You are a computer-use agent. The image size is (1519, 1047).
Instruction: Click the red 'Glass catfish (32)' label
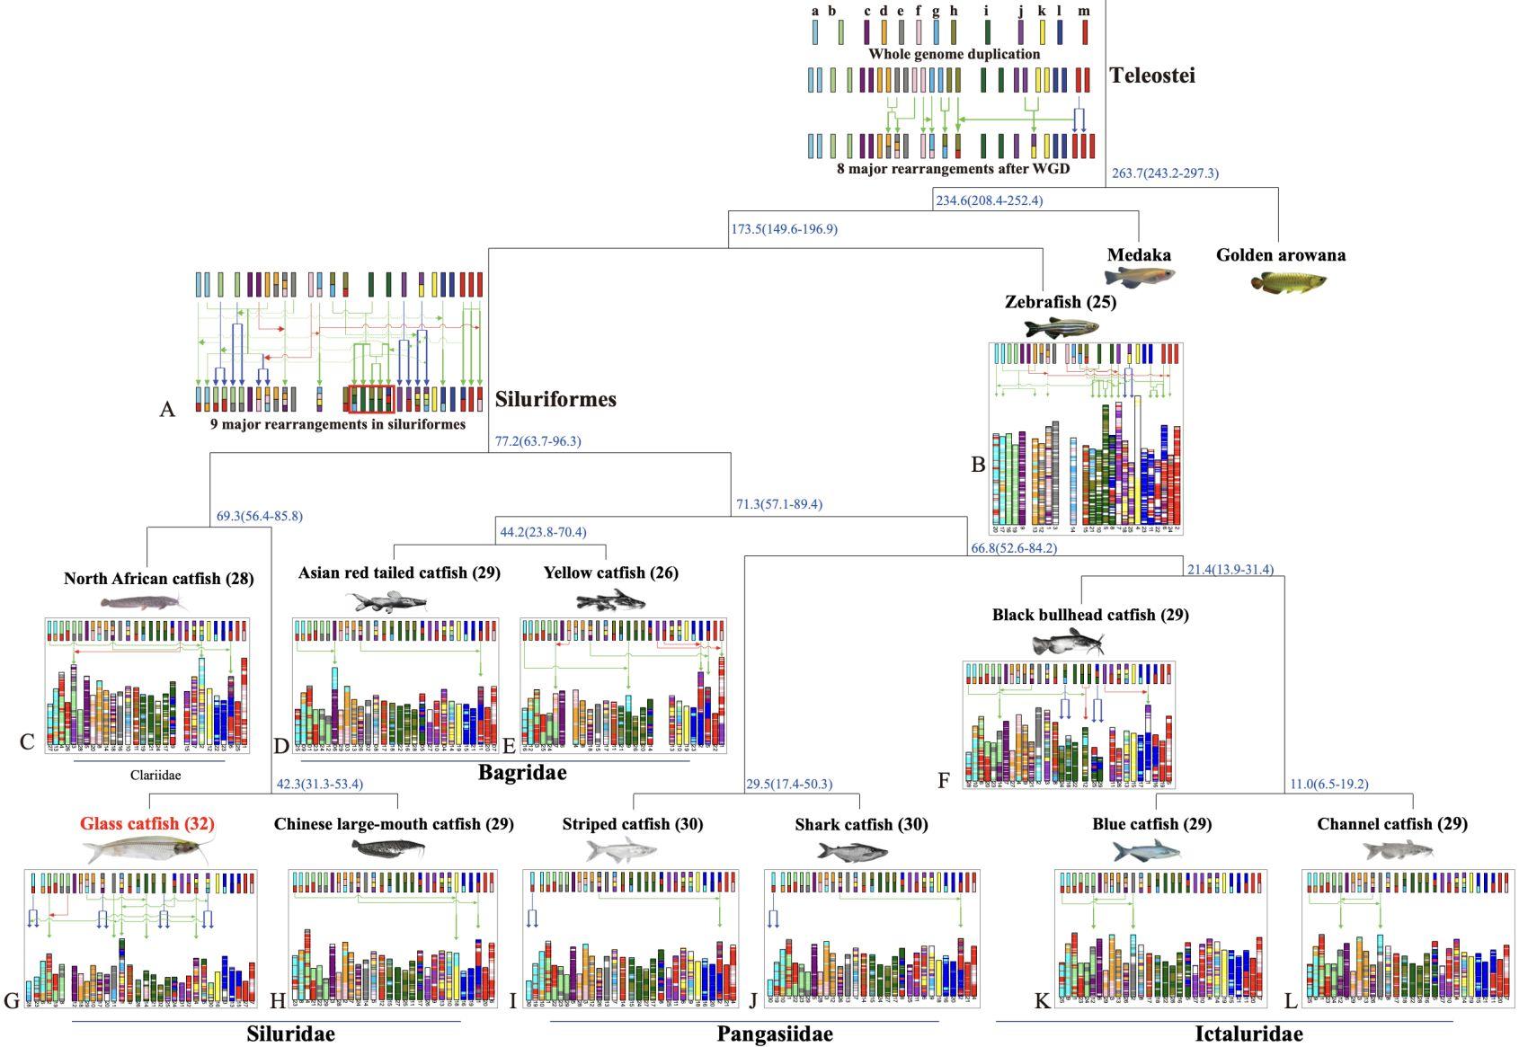(147, 823)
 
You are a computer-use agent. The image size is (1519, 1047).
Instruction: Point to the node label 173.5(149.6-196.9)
(784, 229)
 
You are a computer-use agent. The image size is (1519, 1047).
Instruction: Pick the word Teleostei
(1152, 75)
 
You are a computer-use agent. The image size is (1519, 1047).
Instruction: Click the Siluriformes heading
(555, 399)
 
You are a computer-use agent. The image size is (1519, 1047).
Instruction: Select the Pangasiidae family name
(775, 1034)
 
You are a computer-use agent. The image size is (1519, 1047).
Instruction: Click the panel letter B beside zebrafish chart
(978, 465)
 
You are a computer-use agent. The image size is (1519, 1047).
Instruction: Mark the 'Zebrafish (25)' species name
(1061, 302)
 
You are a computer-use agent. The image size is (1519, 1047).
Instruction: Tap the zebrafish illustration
(1061, 327)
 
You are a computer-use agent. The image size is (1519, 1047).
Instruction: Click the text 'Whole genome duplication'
(954, 54)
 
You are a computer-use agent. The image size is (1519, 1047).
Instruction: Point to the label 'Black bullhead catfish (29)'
(1090, 615)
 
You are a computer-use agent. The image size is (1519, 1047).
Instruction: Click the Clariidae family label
(155, 775)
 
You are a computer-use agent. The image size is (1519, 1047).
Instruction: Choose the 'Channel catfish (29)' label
(1391, 823)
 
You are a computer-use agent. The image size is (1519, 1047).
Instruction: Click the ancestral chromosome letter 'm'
(1084, 12)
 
